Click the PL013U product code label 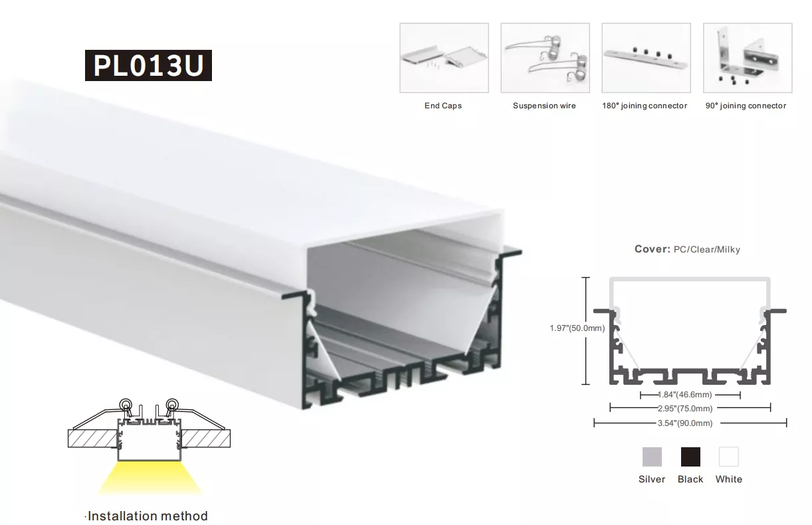tap(148, 65)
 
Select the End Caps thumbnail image tap(444, 58)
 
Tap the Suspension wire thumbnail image tap(545, 58)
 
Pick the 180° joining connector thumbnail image tap(647, 58)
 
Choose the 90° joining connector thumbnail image tap(748, 58)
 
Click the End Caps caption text tap(443, 106)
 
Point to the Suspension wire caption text tap(544, 106)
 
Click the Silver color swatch tap(652, 457)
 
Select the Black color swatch tap(690, 457)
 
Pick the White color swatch tap(729, 457)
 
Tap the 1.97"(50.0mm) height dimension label tap(577, 328)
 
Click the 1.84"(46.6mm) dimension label tap(685, 395)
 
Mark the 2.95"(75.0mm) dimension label tap(685, 409)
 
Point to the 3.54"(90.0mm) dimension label tap(685, 423)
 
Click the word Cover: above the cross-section tap(653, 249)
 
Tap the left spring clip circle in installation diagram tap(126, 404)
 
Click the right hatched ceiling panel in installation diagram tap(205, 439)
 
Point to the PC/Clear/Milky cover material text tap(707, 249)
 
